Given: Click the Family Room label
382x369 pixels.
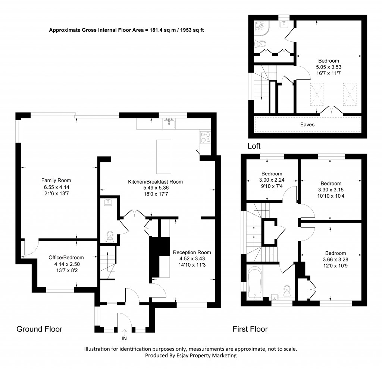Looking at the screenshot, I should [56, 181].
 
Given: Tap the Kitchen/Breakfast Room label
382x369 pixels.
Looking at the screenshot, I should [155, 182].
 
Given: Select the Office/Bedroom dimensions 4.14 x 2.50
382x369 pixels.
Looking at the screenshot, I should [66, 264].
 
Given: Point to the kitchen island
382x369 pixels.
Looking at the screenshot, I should [164, 156].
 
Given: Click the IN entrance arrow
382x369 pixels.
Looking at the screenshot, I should [124, 332].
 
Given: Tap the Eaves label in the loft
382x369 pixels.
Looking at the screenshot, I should [307, 124].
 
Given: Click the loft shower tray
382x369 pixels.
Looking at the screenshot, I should [260, 26].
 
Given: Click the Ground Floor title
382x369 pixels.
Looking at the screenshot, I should [39, 329].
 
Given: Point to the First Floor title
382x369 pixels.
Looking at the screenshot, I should [250, 329].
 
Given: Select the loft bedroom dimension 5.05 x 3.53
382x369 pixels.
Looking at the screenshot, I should [328, 67].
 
